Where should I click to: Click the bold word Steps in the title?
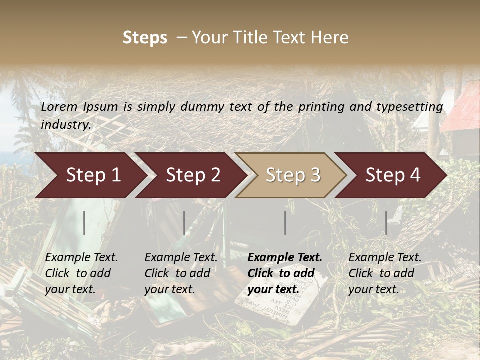coord(145,38)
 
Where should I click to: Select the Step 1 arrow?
coord(90,175)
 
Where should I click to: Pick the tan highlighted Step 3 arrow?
coord(292,175)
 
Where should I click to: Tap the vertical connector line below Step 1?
coord(84,223)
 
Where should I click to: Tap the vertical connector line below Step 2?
coord(184,223)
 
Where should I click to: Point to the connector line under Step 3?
coord(285,223)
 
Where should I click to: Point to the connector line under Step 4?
coord(386,223)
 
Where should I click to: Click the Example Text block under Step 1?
coord(81,273)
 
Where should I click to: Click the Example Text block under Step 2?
coord(181,273)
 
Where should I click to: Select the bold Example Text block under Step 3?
coord(285,273)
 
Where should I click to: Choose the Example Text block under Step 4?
coord(385,273)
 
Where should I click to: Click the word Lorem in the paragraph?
coord(59,107)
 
